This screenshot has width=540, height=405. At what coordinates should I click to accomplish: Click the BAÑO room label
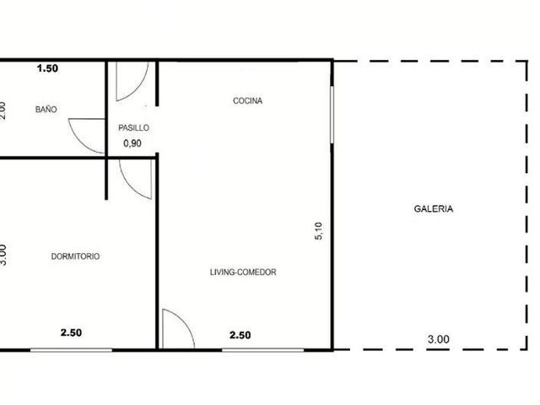point(46,110)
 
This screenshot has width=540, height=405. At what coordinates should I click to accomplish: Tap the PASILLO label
point(133,127)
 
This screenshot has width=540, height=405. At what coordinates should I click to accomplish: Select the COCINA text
point(247,100)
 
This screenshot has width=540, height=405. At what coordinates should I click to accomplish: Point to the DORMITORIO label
point(75,256)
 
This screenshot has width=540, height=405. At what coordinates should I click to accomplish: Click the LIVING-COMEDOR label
point(243,272)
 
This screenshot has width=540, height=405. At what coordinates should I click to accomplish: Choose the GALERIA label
point(433,208)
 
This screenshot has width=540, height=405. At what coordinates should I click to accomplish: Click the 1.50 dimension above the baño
point(47,68)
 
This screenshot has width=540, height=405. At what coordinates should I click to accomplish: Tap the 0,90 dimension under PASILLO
point(132,143)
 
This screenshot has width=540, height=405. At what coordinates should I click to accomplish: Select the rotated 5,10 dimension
point(319,230)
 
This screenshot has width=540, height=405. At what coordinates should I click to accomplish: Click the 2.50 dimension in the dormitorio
point(71,332)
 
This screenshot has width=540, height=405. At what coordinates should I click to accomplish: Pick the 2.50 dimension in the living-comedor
point(240,335)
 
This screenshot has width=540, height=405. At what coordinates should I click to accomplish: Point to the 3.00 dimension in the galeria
point(439,339)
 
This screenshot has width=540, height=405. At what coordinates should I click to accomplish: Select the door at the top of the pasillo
point(138,89)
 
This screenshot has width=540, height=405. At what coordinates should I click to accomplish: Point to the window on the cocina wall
point(332,115)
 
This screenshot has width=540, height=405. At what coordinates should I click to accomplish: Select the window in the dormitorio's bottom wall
point(71,350)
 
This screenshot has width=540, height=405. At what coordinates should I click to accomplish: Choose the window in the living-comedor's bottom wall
point(262,350)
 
